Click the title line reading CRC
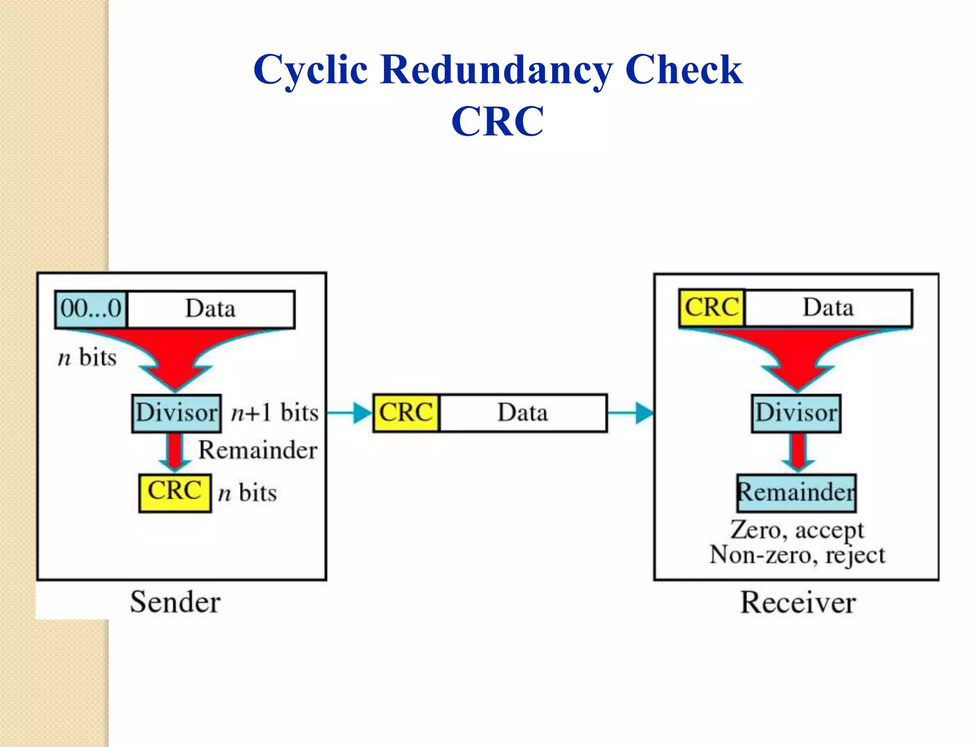click(497, 121)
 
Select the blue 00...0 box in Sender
click(91, 309)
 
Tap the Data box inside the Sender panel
click(211, 309)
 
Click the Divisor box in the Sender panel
click(176, 413)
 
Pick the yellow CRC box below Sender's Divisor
click(175, 492)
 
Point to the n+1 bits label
click(274, 413)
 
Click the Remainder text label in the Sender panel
click(258, 450)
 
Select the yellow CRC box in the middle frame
click(406, 413)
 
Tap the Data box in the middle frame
click(523, 413)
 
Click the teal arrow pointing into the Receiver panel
click(631, 413)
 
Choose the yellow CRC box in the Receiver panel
click(712, 308)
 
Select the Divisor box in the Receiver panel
click(796, 413)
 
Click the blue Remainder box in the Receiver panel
click(796, 492)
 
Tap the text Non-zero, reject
click(797, 555)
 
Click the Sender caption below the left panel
click(175, 602)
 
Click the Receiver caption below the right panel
click(798, 602)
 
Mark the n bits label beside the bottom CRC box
click(247, 493)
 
